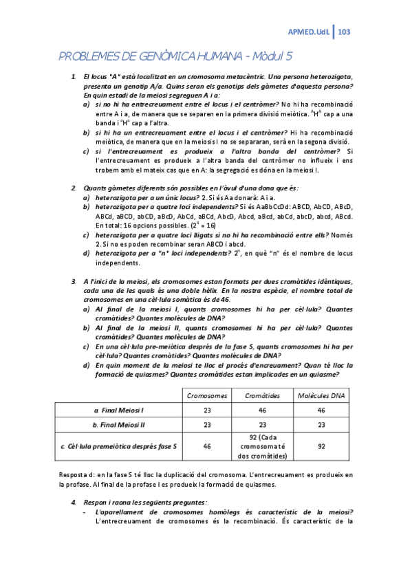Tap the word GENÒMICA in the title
click(x=169, y=58)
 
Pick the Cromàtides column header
click(x=262, y=395)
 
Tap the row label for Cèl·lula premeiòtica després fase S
click(x=119, y=446)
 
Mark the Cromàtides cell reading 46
click(x=262, y=410)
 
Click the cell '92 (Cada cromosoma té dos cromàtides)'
click(x=262, y=446)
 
